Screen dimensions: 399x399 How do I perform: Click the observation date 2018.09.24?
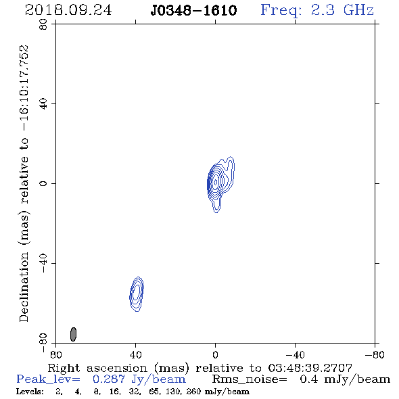(x=68, y=10)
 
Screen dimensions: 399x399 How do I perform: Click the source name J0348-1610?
(x=193, y=11)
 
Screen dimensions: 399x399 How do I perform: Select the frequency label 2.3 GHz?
(x=342, y=10)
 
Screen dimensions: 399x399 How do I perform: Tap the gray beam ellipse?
(x=73, y=334)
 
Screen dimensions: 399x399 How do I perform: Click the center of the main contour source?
(x=216, y=182)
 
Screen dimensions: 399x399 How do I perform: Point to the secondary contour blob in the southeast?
(x=137, y=294)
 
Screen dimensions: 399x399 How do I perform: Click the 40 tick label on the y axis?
(x=43, y=104)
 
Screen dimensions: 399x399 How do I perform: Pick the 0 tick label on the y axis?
(x=43, y=183)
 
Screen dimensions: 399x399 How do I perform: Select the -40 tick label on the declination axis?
(x=43, y=263)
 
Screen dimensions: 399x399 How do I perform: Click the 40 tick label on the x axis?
(x=136, y=355)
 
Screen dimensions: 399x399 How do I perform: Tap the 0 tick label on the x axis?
(x=216, y=355)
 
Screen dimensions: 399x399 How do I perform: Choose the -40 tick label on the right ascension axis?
(x=295, y=355)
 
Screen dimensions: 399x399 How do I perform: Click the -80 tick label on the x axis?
(x=375, y=355)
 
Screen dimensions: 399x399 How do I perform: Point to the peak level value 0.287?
(x=108, y=379)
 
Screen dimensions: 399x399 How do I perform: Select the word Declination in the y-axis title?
(x=24, y=287)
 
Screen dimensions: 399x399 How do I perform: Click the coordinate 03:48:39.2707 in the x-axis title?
(x=310, y=368)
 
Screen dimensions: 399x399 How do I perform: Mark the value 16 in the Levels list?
(x=114, y=392)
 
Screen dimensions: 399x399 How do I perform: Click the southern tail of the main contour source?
(x=216, y=206)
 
